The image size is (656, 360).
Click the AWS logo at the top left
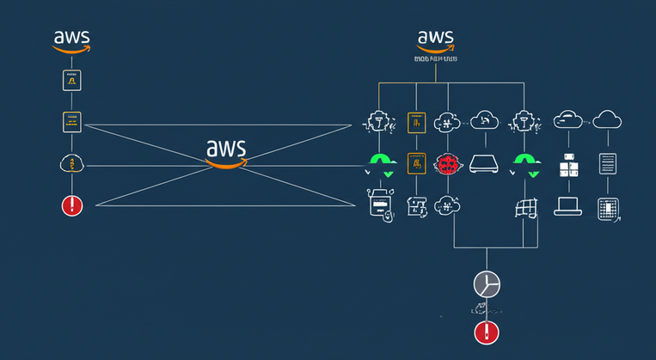pos(71,40)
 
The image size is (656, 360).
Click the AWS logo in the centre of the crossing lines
pos(226,151)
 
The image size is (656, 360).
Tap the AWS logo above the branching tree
pos(436,41)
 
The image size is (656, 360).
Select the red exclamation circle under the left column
pos(71,205)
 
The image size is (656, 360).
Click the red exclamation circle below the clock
pos(487,333)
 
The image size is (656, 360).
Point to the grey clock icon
pos(487,284)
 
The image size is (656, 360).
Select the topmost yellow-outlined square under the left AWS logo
pos(71,81)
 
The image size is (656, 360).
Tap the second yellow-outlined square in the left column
pos(71,121)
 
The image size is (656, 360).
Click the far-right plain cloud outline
pos(607,119)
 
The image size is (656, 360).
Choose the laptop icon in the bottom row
pos(568,206)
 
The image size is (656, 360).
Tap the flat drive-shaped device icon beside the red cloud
pos(484,162)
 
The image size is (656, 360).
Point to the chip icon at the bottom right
pos(608,209)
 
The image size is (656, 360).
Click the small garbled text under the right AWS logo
pos(435,60)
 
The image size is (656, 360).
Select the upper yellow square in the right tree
pos(416,122)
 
